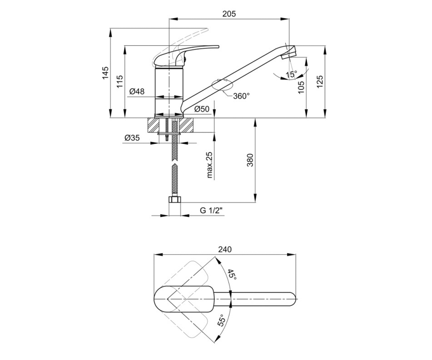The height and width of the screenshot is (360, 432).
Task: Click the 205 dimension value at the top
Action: (229, 14)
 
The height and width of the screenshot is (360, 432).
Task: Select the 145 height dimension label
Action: (105, 73)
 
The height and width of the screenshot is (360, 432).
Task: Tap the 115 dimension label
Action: (120, 81)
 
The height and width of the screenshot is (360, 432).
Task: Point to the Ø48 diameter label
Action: (137, 91)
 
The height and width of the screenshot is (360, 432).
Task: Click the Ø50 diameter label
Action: (202, 109)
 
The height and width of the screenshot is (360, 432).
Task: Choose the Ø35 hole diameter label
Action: (132, 138)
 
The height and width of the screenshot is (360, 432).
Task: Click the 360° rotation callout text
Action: (241, 96)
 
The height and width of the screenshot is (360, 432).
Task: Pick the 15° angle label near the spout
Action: (291, 74)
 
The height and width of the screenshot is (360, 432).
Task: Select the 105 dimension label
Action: (301, 87)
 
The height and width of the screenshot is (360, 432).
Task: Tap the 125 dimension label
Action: (320, 82)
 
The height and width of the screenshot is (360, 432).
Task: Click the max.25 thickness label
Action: (210, 165)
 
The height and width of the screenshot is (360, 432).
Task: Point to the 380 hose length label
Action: (250, 160)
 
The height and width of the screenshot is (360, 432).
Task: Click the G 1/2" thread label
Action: (211, 211)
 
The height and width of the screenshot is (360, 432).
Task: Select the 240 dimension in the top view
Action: (225, 249)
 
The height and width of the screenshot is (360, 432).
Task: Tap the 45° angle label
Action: (232, 274)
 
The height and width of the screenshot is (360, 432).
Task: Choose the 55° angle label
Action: (221, 320)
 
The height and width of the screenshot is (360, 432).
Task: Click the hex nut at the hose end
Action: (175, 199)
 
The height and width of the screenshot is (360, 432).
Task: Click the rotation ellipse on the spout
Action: (222, 85)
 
